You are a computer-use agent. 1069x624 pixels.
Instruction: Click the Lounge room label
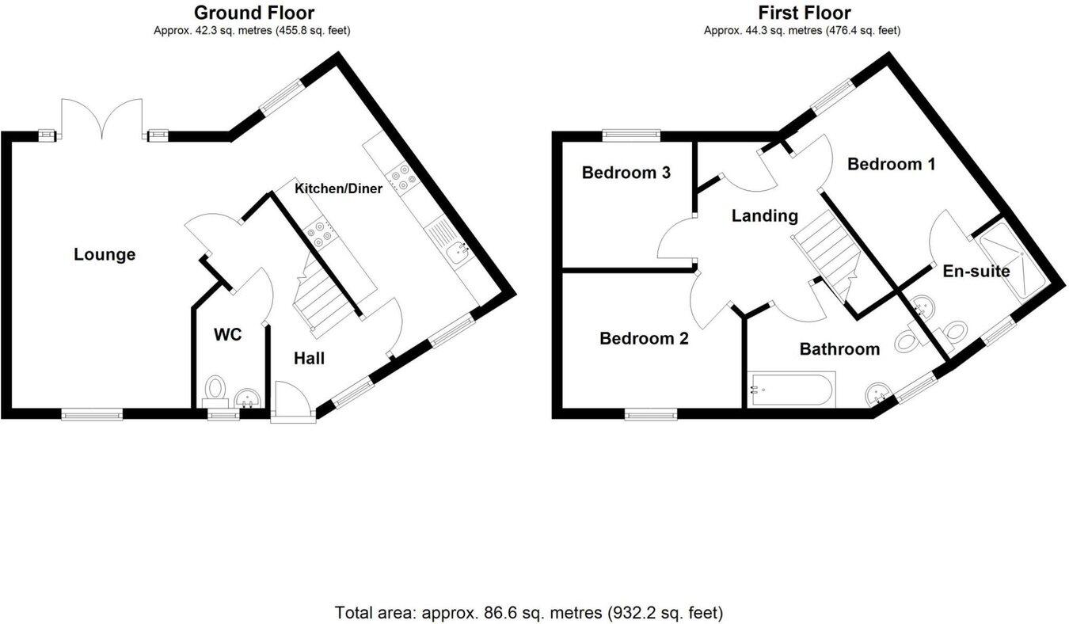105,255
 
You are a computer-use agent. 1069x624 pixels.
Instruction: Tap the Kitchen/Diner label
338,188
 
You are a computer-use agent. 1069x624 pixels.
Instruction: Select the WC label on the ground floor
227,335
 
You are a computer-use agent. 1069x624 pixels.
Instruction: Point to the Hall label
309,359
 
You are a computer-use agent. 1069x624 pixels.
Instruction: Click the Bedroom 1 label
891,165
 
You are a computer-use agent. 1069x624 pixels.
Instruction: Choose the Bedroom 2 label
644,339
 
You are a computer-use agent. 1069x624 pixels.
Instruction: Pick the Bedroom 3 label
626,173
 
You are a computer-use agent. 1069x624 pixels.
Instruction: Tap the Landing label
764,215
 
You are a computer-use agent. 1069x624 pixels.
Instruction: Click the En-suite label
976,272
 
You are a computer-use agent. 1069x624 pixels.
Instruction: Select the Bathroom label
839,349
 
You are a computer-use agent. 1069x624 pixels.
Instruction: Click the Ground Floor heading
253,13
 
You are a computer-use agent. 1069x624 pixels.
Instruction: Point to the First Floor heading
804,13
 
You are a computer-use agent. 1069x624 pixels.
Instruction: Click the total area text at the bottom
529,612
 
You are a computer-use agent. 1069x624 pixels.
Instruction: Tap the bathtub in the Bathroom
789,390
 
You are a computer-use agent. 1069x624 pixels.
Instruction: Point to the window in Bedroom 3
631,135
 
